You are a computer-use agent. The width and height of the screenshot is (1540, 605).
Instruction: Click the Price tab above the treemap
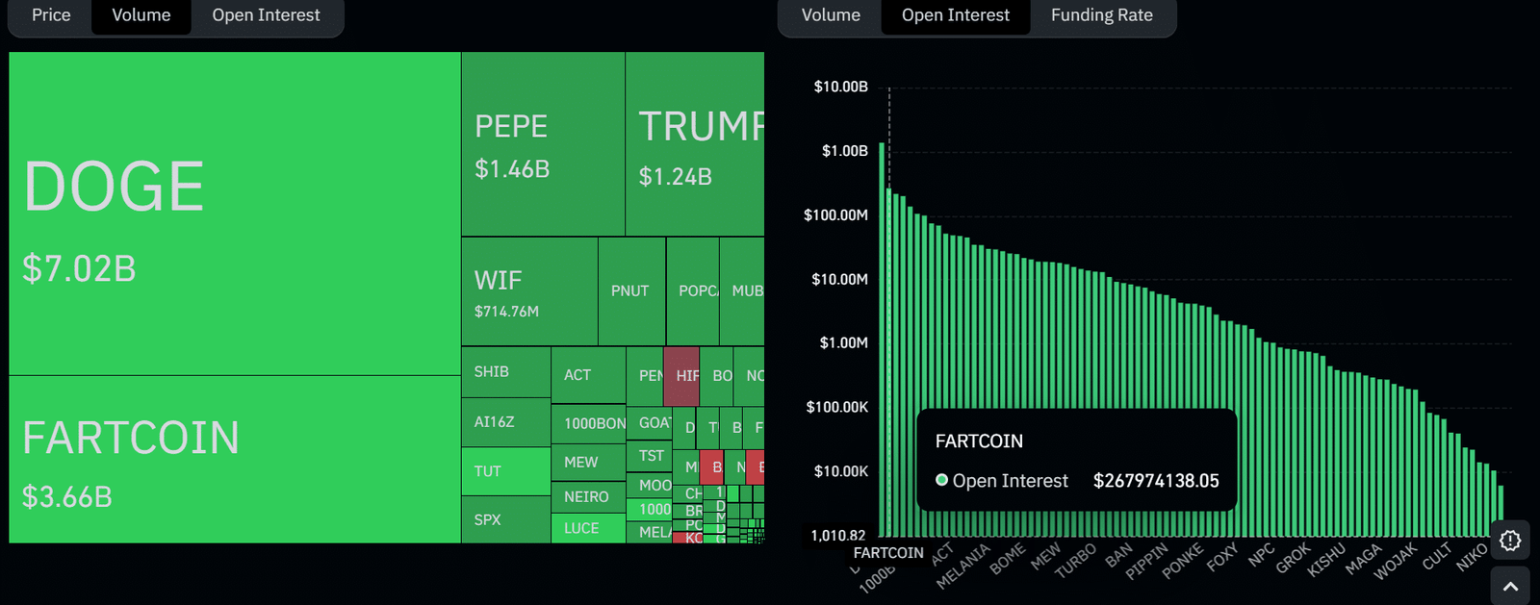[x=51, y=15]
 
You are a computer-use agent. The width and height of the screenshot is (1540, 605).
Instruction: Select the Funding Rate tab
[x=1101, y=15]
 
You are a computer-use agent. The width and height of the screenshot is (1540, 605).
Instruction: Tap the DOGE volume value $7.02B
[x=79, y=268]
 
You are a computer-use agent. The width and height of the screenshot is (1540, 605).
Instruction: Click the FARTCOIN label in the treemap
[x=131, y=439]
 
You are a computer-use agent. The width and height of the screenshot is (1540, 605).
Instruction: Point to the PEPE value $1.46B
[x=512, y=169]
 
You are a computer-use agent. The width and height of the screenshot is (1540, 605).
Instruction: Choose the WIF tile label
[x=498, y=280]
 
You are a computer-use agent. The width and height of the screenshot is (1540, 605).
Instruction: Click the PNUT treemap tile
[x=630, y=290]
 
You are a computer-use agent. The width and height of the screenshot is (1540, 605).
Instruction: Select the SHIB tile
[x=492, y=371]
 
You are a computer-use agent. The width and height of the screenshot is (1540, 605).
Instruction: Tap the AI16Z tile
[x=494, y=421]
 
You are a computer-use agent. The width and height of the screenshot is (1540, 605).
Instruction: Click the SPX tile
[x=488, y=519]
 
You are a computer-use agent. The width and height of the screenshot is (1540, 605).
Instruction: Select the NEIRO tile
[x=586, y=496]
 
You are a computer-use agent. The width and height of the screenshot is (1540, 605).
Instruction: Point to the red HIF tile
[x=682, y=375]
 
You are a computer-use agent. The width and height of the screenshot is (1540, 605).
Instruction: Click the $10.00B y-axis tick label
[x=840, y=87]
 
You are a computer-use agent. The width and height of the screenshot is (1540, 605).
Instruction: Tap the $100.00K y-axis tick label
[x=836, y=407]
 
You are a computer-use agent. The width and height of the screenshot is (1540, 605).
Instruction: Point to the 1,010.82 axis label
[x=837, y=535]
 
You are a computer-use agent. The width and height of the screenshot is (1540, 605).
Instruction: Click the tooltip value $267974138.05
[x=1156, y=481]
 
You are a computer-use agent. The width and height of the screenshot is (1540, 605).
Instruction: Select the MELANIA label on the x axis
[x=963, y=567]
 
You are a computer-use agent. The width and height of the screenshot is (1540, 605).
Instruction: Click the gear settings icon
[x=1510, y=541]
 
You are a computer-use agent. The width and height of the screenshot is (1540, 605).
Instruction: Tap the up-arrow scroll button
[x=1510, y=586]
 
